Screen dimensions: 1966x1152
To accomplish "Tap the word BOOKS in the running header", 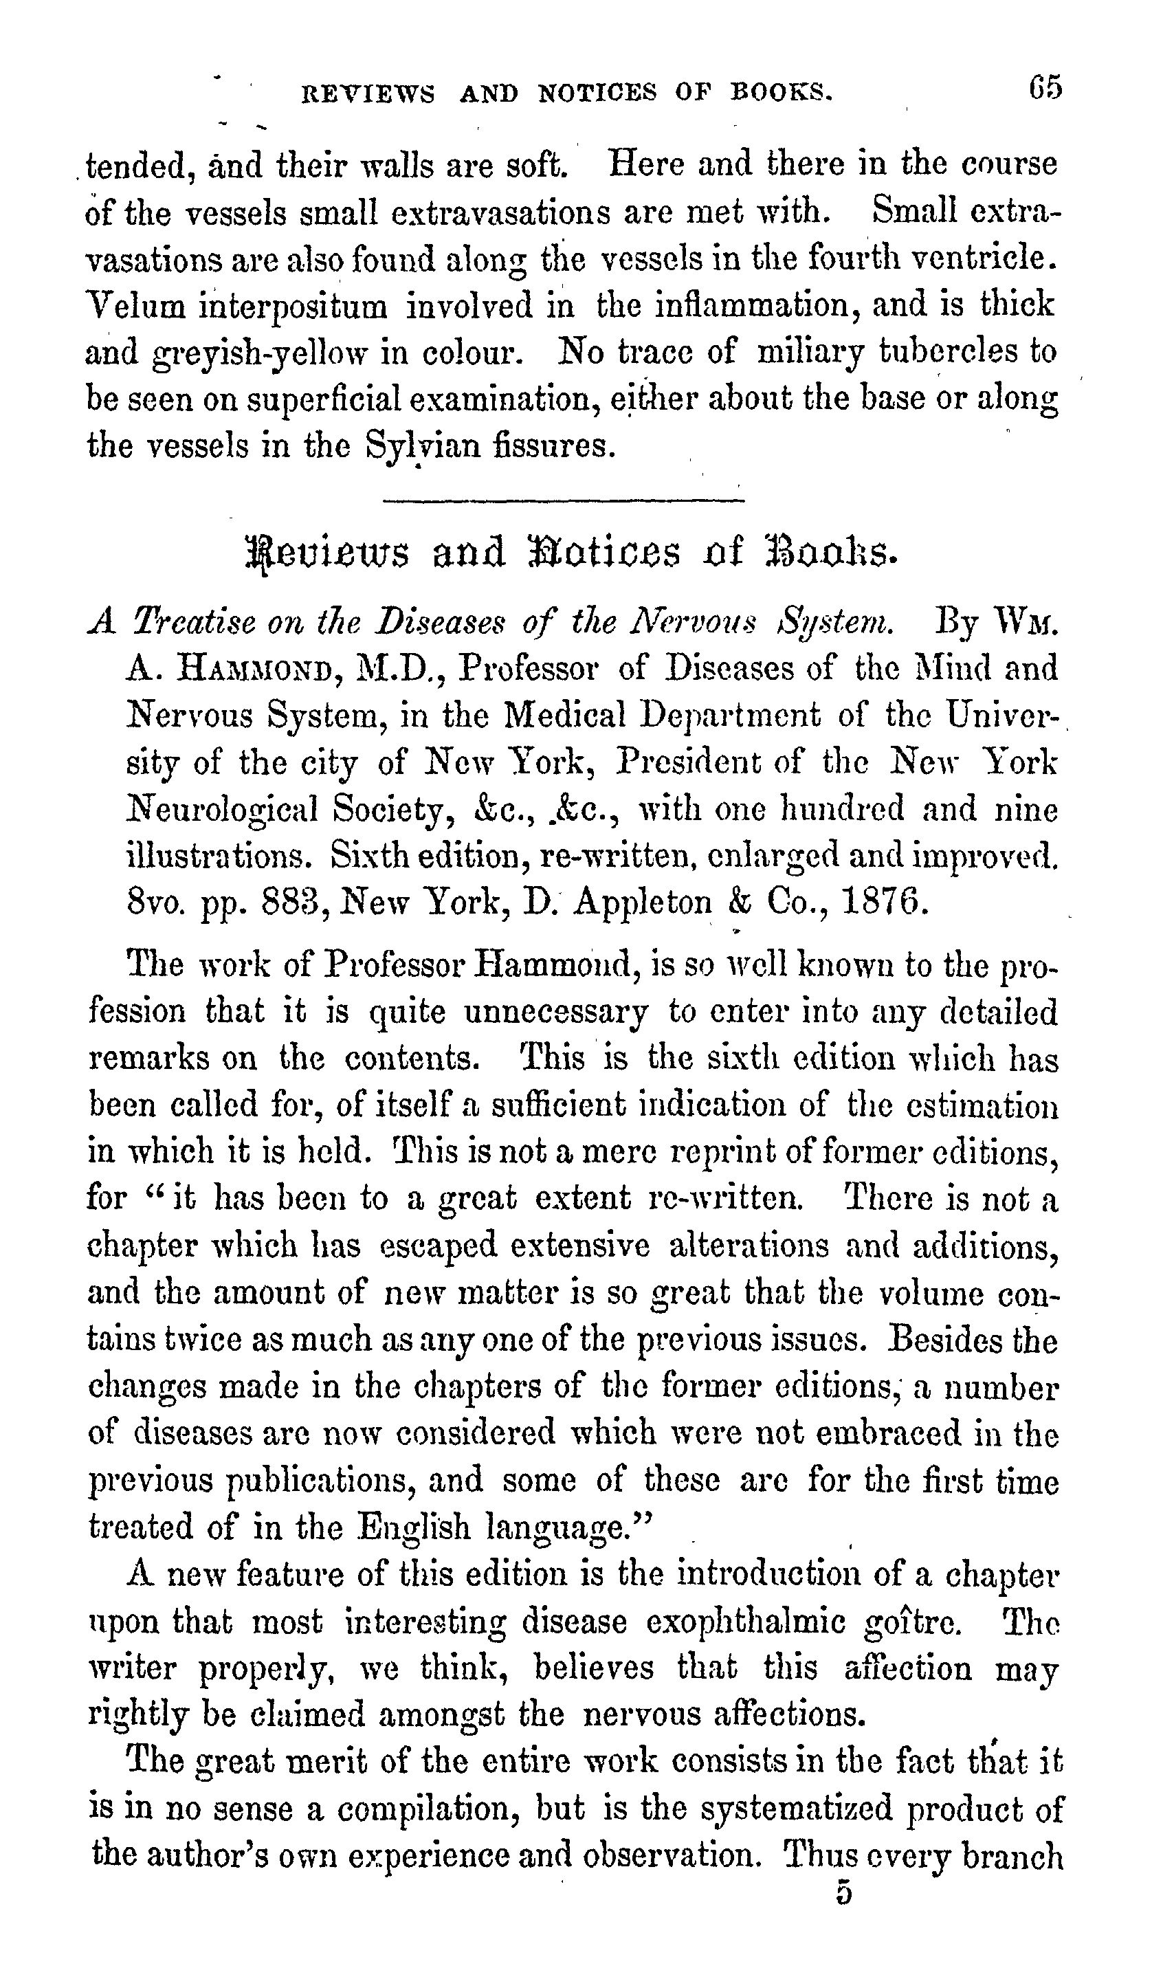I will coord(782,93).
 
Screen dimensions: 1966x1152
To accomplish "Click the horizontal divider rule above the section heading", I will coord(564,500).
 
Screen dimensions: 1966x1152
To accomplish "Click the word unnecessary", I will coord(555,1013).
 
